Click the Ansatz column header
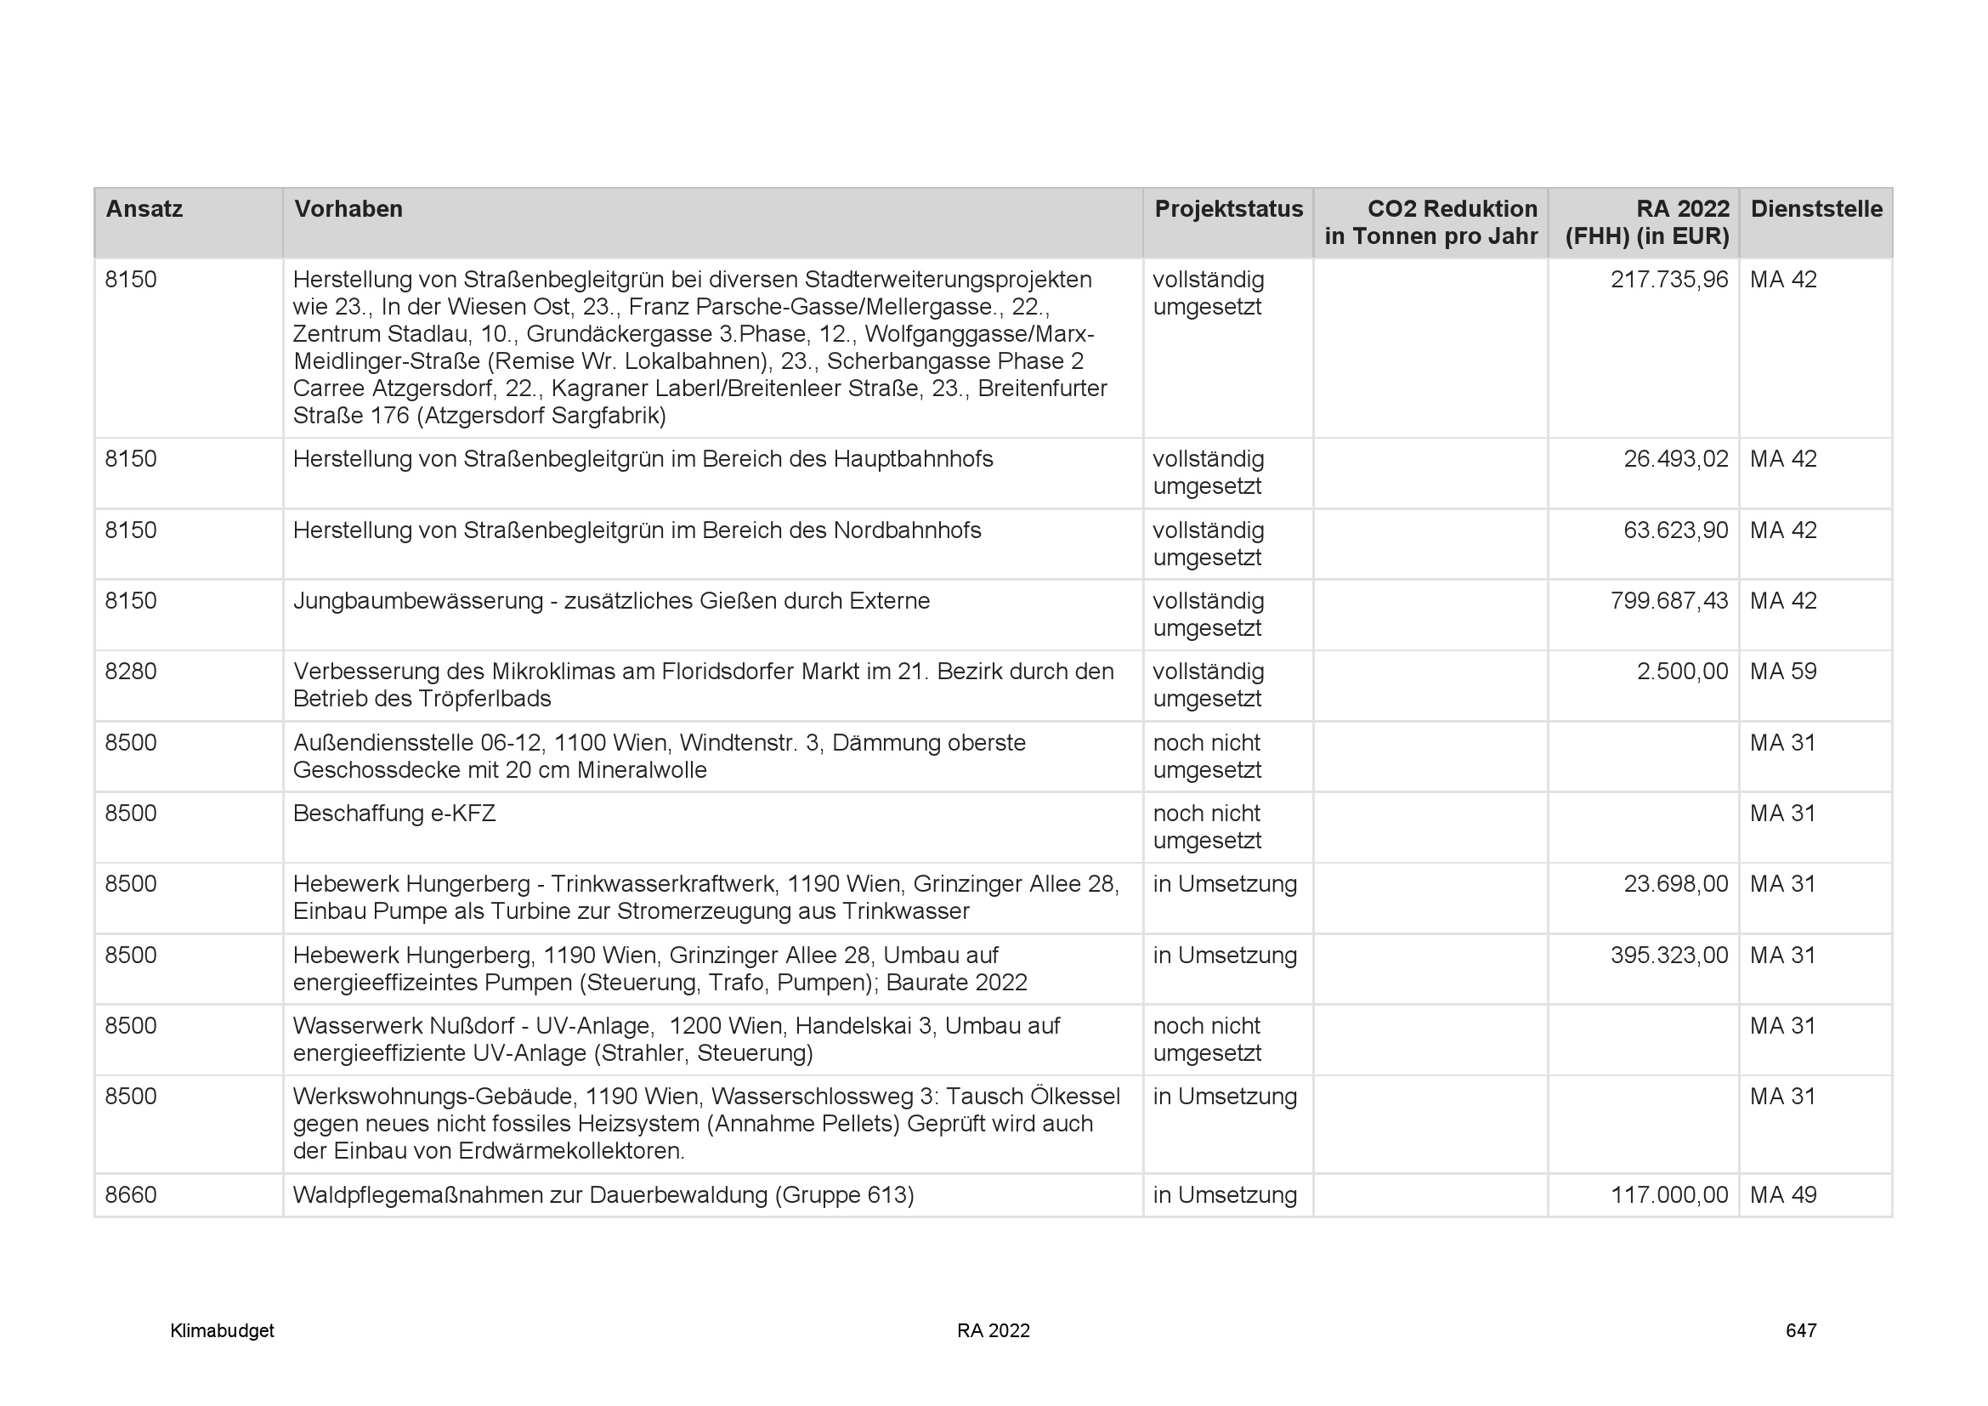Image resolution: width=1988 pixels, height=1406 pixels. (144, 209)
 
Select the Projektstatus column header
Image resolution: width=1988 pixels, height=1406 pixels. (1228, 209)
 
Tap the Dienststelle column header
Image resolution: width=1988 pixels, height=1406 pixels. (1815, 209)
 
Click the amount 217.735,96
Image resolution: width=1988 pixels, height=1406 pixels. (1668, 280)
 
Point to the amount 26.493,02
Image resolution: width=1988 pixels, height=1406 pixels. (1675, 459)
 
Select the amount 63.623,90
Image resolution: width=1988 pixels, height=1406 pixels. (1675, 530)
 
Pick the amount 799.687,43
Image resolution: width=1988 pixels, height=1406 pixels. (1668, 601)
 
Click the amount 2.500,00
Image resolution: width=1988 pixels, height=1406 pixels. (1681, 672)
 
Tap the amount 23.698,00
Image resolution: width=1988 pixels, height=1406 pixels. (1675, 884)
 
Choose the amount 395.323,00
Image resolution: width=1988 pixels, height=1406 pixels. (1668, 955)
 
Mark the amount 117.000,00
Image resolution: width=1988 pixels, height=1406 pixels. (1668, 1194)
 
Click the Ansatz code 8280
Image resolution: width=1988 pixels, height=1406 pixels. (131, 672)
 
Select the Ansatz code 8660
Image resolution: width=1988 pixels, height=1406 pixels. (131, 1194)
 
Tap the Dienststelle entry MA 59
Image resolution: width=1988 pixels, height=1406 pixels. (1783, 672)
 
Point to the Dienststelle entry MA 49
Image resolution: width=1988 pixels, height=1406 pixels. (1783, 1194)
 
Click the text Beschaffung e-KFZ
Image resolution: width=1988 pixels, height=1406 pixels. (394, 814)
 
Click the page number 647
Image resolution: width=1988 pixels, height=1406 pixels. (1800, 1330)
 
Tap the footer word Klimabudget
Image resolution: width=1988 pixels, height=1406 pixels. (222, 1330)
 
